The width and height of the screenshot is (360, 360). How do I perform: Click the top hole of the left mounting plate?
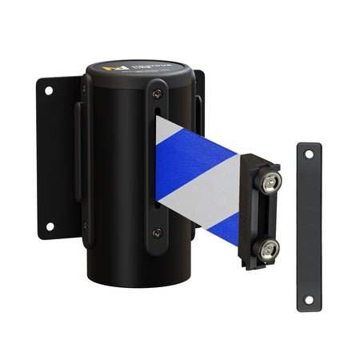pyautogui.click(x=49, y=91)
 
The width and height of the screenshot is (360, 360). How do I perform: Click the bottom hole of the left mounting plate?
pyautogui.click(x=49, y=226)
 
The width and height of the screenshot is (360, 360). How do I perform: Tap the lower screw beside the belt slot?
pyautogui.click(x=157, y=232)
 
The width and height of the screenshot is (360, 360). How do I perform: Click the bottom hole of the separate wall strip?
pyautogui.click(x=308, y=298)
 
